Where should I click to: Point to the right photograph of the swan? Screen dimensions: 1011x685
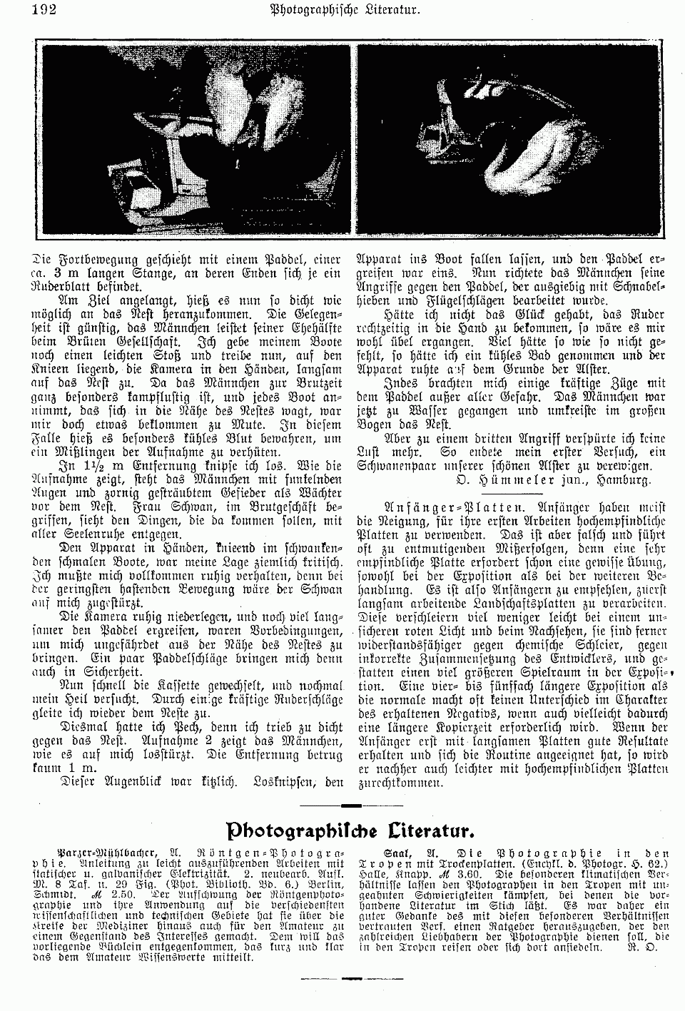(511, 141)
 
